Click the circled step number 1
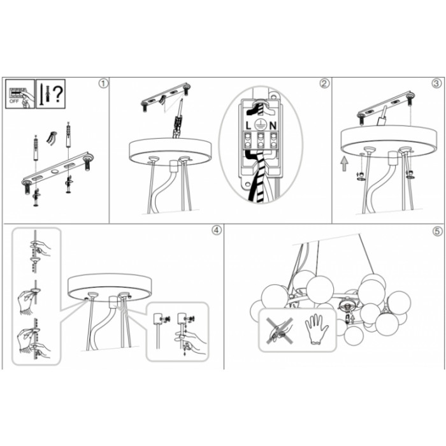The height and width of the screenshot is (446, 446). click(103, 83)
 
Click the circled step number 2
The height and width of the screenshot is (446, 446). click(324, 83)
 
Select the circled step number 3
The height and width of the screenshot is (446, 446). click(436, 83)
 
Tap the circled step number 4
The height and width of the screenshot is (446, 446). click(217, 231)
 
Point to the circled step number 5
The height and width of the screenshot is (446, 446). click(438, 231)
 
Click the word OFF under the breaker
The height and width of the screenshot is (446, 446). click(14, 101)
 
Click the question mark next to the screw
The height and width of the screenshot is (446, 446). click(58, 94)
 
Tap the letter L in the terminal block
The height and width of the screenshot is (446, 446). click(248, 126)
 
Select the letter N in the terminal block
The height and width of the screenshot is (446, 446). click(273, 126)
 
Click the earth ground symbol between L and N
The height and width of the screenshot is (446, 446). click(260, 125)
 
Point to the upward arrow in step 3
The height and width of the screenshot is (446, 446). click(345, 164)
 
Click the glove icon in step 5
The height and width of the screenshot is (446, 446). click(317, 330)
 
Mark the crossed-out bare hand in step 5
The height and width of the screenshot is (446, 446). click(280, 331)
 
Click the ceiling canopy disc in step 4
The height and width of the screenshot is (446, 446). click(110, 287)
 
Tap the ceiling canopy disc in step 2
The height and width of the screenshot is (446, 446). click(170, 152)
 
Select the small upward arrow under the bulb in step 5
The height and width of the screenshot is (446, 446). click(353, 319)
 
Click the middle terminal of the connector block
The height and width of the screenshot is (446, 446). click(261, 140)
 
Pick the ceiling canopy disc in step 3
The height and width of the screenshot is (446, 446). click(389, 141)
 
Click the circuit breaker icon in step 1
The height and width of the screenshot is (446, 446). click(20, 94)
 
